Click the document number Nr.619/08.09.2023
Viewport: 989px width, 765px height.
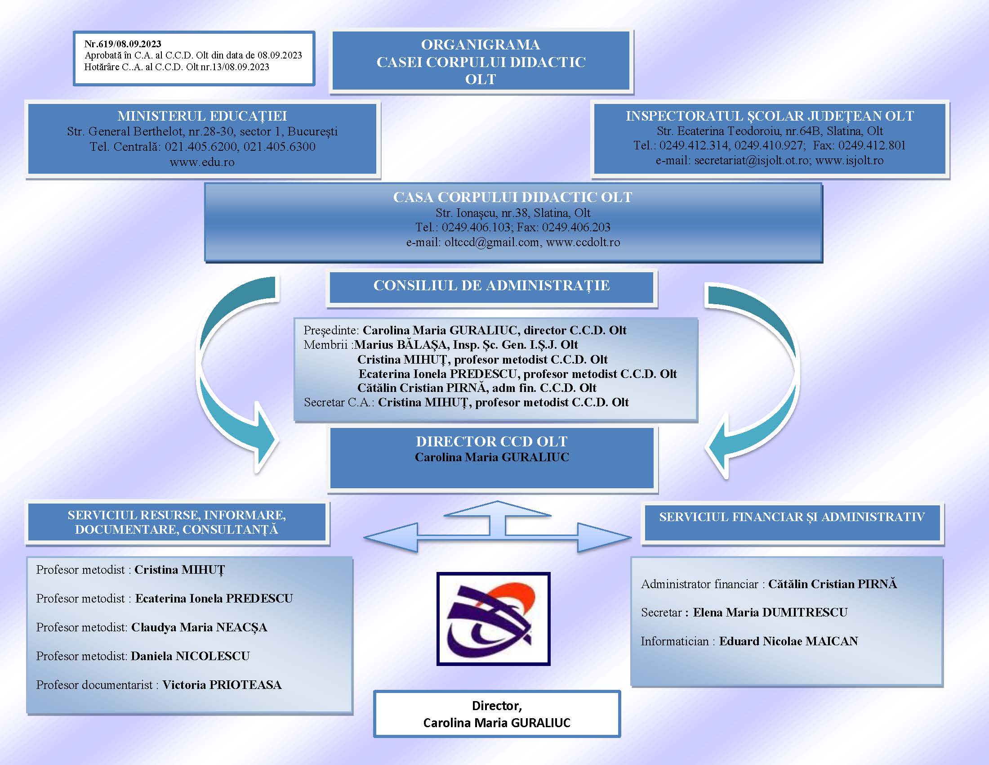[x=123, y=44]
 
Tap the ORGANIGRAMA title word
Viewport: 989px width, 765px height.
[x=481, y=45]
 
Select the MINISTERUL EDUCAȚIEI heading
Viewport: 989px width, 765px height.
[x=202, y=116]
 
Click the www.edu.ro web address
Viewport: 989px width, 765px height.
[x=202, y=162]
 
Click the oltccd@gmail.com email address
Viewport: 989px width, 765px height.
[x=492, y=243]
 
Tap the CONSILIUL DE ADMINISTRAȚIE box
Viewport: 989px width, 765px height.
[x=491, y=286]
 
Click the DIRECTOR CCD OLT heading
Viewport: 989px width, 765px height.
[x=492, y=441]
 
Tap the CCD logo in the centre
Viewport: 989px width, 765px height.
[x=493, y=619]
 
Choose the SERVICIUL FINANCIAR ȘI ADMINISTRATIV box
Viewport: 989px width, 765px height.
[x=792, y=523]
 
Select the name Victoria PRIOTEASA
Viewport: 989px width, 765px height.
[x=222, y=685]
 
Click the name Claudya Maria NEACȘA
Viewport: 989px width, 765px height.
[x=199, y=628]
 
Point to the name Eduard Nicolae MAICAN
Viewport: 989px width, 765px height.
[x=789, y=641]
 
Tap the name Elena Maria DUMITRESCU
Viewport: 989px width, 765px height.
[x=770, y=613]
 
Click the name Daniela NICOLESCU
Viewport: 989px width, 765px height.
[x=190, y=656]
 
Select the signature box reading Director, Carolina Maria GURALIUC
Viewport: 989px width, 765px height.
[x=497, y=714]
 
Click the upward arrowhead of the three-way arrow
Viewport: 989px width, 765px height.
[x=497, y=508]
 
